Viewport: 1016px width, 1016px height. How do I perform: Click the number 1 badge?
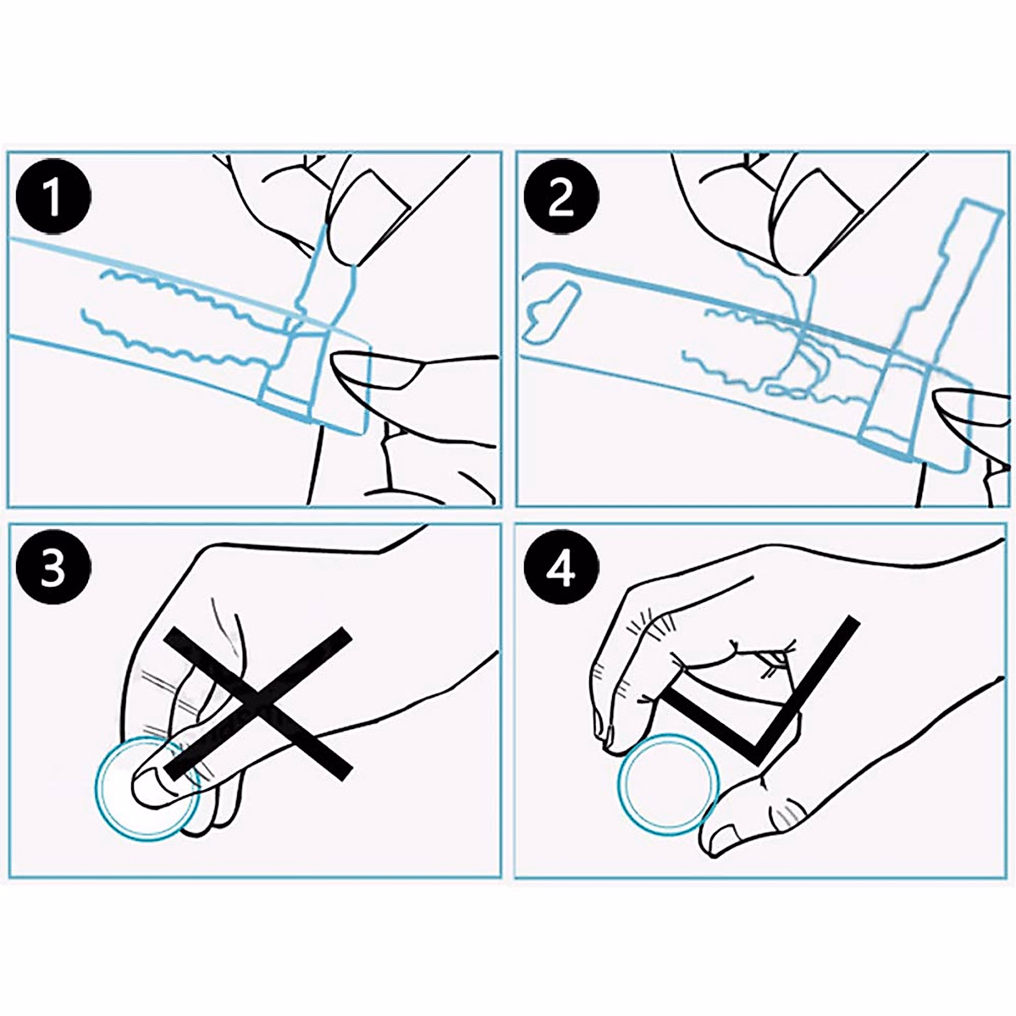(x=53, y=196)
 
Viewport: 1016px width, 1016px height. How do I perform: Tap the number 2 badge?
(x=561, y=196)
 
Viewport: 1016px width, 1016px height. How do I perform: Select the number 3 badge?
(x=53, y=568)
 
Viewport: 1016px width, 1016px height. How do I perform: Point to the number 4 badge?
(x=561, y=568)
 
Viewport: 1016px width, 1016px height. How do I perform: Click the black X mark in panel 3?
(x=258, y=704)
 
